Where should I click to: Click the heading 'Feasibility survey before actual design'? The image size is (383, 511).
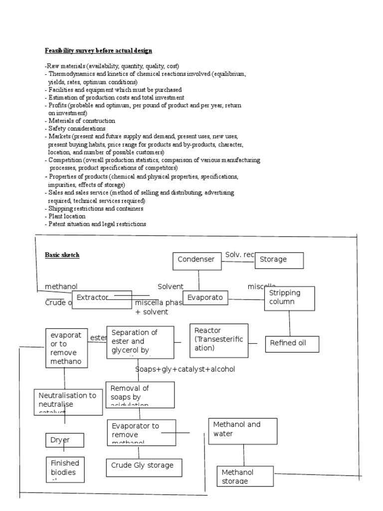point(98,51)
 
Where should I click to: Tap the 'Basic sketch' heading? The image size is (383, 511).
point(62,255)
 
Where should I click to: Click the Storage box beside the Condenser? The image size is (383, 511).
point(279,260)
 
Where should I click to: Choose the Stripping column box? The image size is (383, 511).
point(289,298)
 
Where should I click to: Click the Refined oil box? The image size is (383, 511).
point(292,343)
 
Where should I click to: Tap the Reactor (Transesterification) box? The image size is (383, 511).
point(219,340)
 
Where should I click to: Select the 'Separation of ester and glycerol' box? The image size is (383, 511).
point(140,342)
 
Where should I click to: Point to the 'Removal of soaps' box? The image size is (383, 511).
point(140,394)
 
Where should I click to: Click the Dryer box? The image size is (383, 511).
point(65,440)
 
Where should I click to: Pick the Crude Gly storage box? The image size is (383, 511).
point(144,467)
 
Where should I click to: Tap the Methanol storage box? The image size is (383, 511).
point(245,476)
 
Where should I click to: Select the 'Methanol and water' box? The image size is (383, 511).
point(243,431)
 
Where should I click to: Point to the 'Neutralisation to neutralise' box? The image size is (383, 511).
point(68,402)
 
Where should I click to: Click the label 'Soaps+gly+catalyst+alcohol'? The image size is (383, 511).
point(185,369)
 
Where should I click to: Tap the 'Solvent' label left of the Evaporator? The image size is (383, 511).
point(171,287)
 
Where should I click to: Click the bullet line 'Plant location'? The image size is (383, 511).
point(66,217)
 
